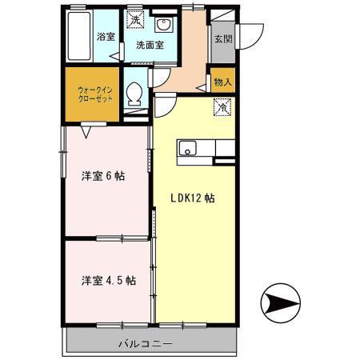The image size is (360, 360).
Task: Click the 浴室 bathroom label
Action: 104,37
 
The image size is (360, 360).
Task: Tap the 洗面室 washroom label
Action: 150,45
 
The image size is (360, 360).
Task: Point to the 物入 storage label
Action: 222,82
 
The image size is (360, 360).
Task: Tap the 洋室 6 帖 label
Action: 107,176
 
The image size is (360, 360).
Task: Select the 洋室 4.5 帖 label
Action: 107,281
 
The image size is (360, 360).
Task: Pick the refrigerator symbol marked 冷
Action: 220,106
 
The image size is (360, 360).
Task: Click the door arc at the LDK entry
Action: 166,105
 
